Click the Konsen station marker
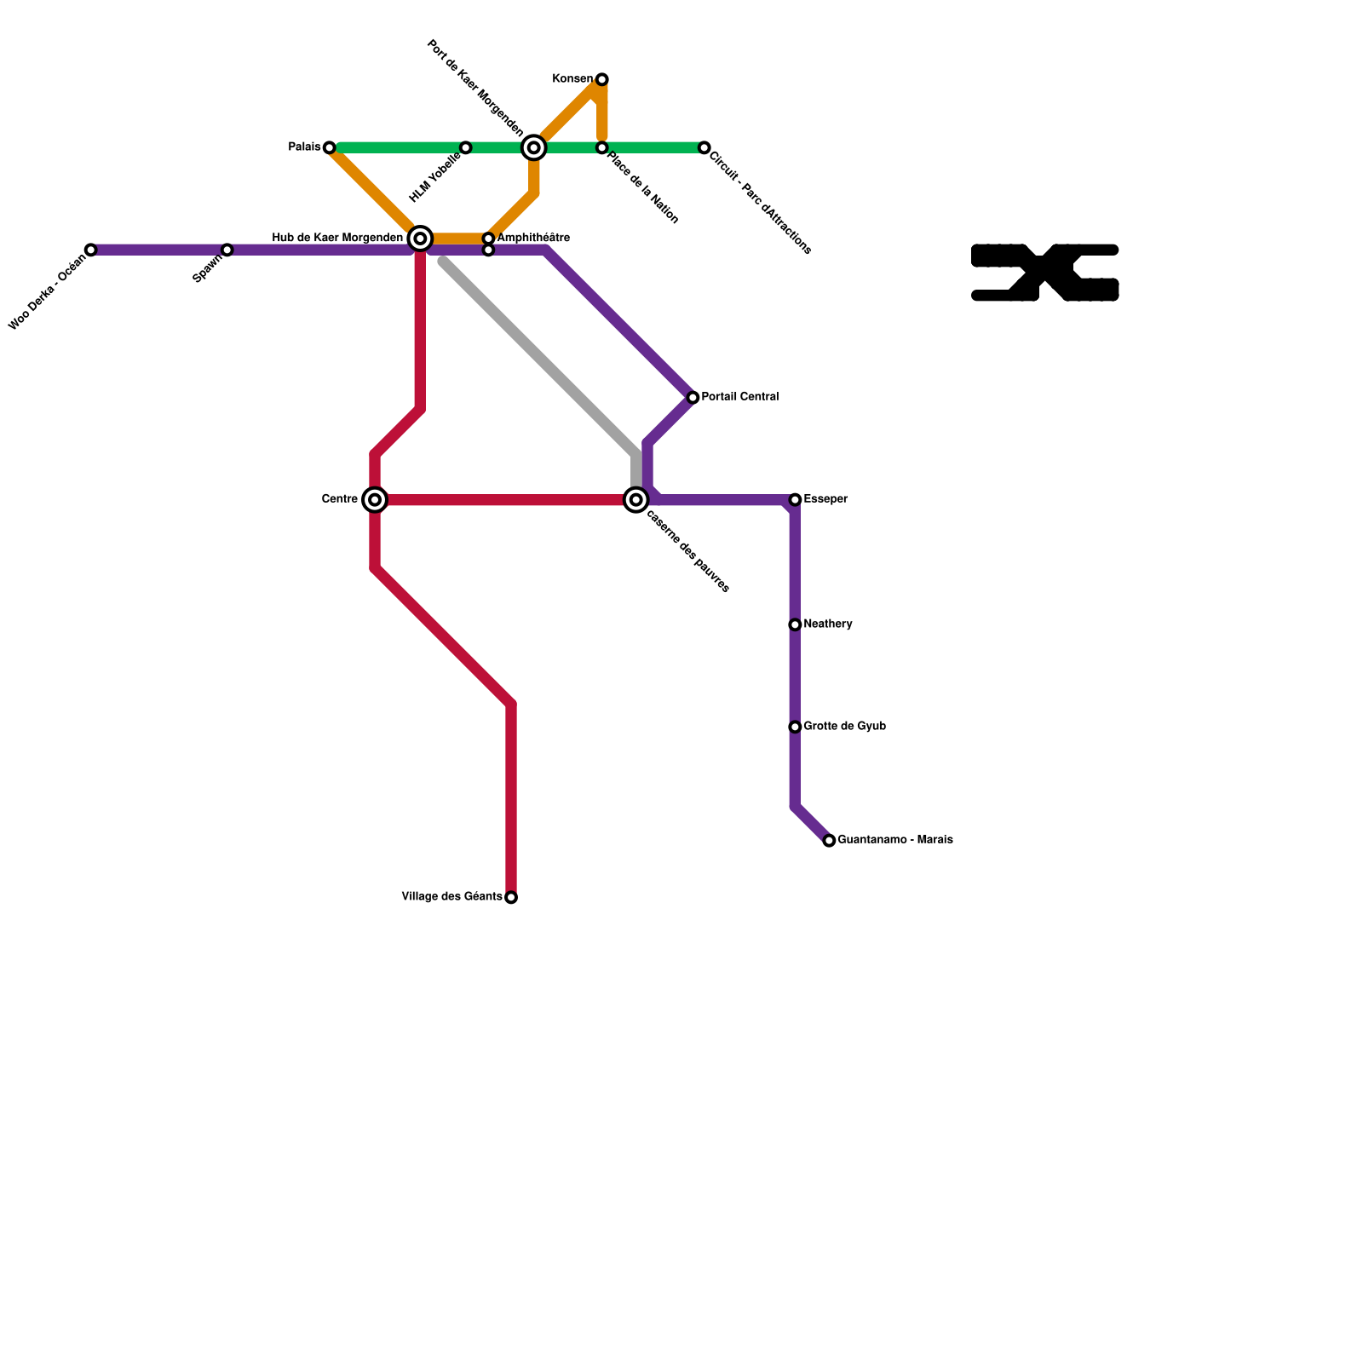pos(601,79)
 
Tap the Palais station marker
pos(330,147)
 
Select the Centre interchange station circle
pos(375,499)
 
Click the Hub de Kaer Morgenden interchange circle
pos(420,239)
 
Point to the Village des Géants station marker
pos(511,897)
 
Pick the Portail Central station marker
pos(693,398)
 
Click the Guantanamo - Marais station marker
pos(829,841)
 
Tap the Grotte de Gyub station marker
pos(795,727)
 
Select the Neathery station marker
pos(795,624)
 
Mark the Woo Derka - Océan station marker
pos(91,250)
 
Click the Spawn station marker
pos(227,250)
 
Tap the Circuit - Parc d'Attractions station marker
pos(704,147)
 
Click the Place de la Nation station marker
pos(601,147)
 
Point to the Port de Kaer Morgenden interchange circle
pos(534,147)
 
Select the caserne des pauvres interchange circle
pos(635,500)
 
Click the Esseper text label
pos(825,499)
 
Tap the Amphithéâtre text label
pos(532,238)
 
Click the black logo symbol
pos(1044,273)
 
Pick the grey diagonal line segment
pos(537,354)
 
